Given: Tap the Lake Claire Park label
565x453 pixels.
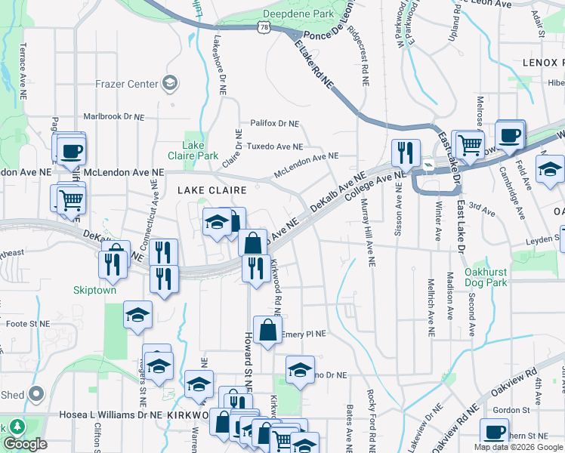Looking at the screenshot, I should pos(200,150).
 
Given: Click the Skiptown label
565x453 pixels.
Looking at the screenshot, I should pos(94,289).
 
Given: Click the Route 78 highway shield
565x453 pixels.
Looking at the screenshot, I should pos(263,26).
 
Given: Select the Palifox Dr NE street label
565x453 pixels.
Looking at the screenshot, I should pos(275,123).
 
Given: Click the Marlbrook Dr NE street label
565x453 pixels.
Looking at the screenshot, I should pos(113,116).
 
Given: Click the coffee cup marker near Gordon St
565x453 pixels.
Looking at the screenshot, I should pos(496,433).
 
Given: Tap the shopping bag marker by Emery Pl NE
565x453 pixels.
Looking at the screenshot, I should pos(267,330).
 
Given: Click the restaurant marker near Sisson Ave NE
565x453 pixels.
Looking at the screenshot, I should pos(406,154).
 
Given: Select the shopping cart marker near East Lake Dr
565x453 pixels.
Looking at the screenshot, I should pos(471,143).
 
